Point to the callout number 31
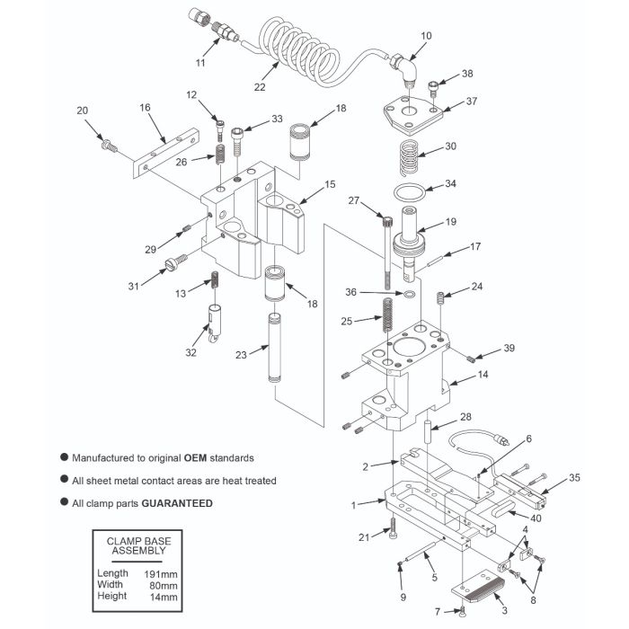(x=133, y=286)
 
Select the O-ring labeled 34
(x=411, y=192)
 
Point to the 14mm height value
(x=159, y=597)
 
